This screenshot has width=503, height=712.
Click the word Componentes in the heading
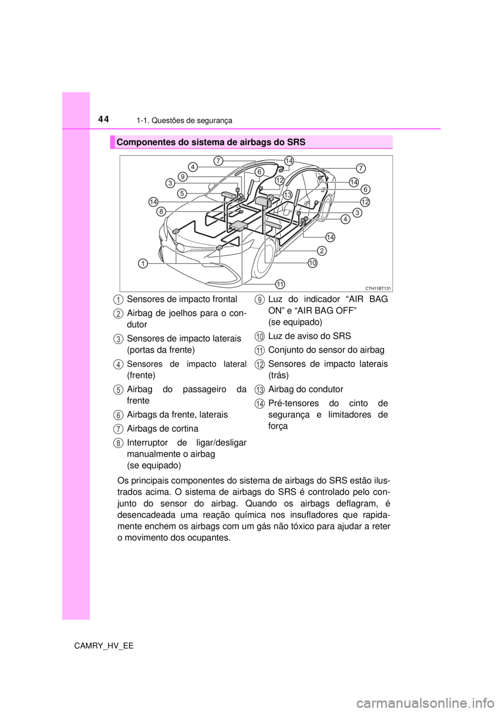(x=141, y=142)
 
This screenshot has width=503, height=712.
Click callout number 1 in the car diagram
(x=143, y=264)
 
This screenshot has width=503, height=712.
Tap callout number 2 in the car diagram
(x=322, y=251)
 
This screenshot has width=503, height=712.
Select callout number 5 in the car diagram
(x=181, y=193)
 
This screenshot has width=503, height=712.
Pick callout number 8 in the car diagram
(x=161, y=212)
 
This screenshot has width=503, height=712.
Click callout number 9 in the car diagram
(x=182, y=176)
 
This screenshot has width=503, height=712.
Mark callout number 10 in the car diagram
(x=312, y=263)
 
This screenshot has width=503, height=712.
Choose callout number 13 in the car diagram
(x=287, y=195)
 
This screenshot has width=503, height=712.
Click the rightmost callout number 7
(x=360, y=168)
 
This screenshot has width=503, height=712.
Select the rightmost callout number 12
(x=365, y=202)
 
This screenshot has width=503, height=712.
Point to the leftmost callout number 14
(x=153, y=202)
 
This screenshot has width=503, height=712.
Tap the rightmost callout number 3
(x=357, y=212)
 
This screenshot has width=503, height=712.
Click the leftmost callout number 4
(x=193, y=167)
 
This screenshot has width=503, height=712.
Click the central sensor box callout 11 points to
(x=238, y=225)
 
